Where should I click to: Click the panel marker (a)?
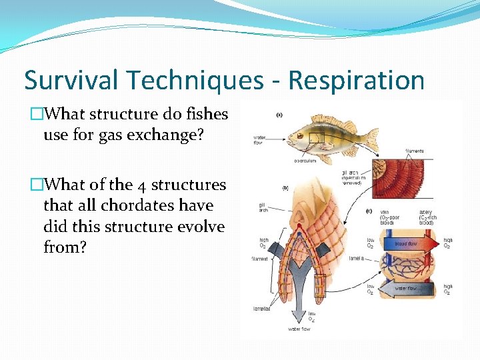[279, 115]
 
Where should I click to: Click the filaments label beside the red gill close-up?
[414, 151]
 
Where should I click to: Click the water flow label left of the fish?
[260, 141]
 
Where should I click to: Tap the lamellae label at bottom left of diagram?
[262, 309]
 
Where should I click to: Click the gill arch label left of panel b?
[264, 207]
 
